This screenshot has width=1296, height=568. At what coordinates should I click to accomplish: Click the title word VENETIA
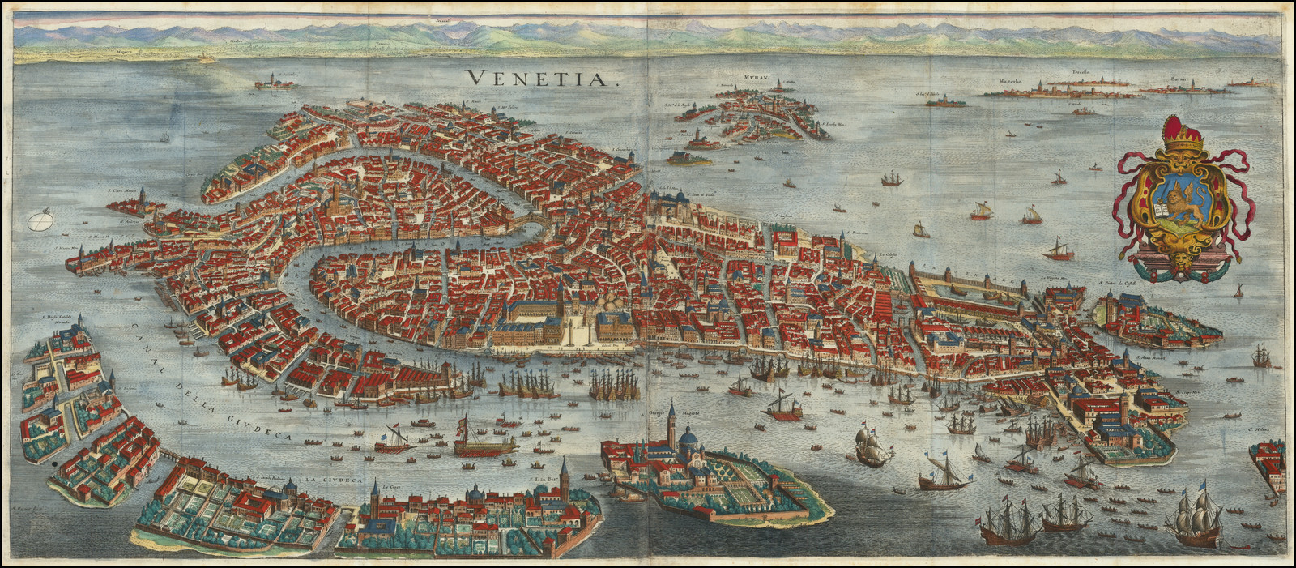click(542, 78)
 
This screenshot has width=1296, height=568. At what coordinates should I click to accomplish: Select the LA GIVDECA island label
click(328, 480)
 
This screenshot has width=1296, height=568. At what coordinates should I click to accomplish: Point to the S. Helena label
click(1256, 430)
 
